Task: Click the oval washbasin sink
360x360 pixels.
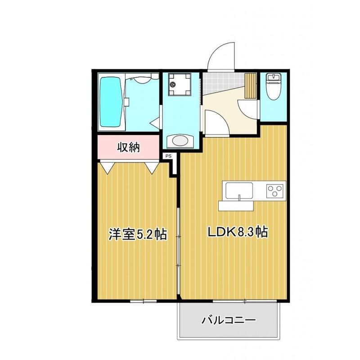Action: coord(180,141)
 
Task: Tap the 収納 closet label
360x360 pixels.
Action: coord(128,147)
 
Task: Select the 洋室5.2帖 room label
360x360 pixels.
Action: coord(137,234)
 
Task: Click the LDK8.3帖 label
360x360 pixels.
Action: coord(237,233)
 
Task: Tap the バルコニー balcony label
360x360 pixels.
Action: coord(229,320)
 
